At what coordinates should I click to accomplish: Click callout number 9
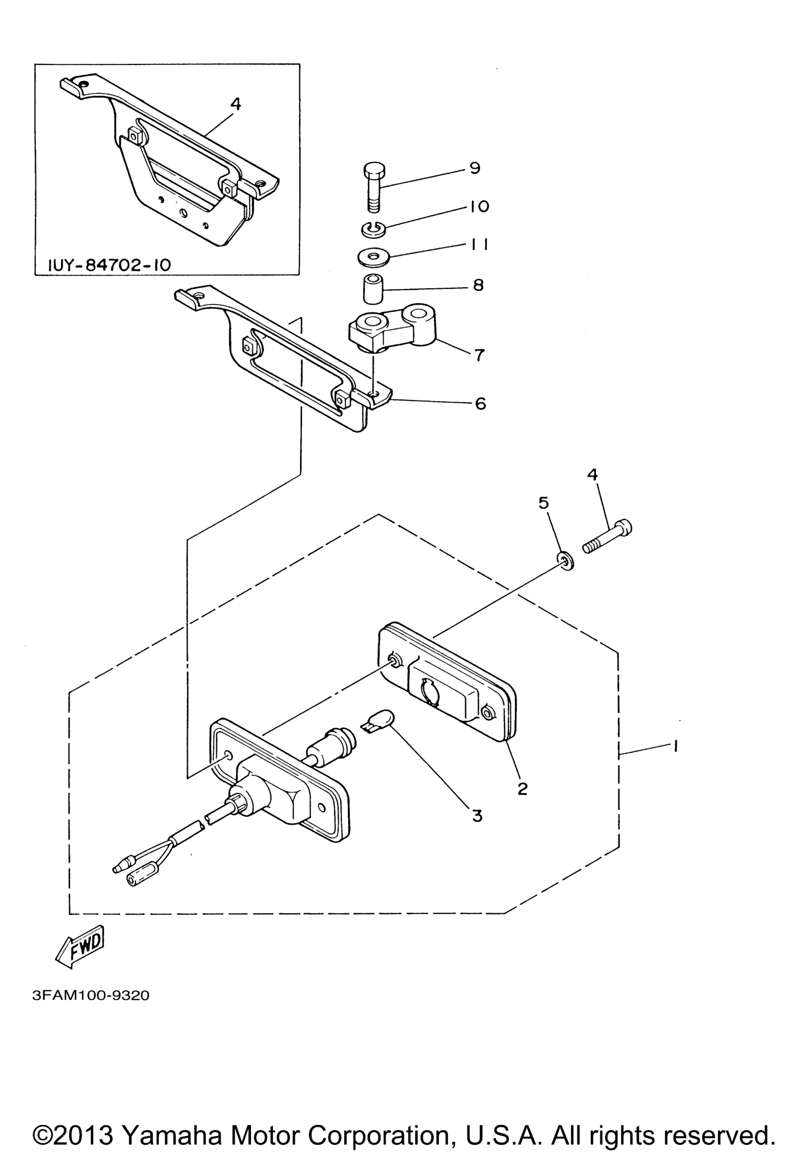tap(474, 168)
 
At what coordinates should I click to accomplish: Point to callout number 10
tap(480, 206)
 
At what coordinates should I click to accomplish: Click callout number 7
tap(480, 355)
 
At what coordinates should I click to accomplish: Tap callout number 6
tap(480, 403)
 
